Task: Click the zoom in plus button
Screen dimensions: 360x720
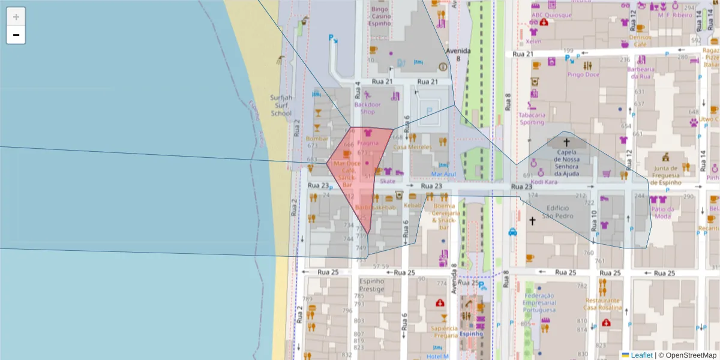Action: pyautogui.click(x=16, y=16)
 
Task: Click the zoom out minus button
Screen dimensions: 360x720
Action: pyautogui.click(x=16, y=35)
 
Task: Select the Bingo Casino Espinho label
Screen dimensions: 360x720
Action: pyautogui.click(x=381, y=16)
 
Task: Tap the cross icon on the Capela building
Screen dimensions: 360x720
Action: pyautogui.click(x=566, y=142)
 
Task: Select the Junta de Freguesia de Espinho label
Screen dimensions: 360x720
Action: pyautogui.click(x=666, y=175)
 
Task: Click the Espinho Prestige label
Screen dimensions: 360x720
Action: pyautogui.click(x=371, y=284)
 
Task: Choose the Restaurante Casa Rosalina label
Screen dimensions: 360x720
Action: pyautogui.click(x=604, y=304)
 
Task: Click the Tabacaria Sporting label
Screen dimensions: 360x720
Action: pyautogui.click(x=532, y=118)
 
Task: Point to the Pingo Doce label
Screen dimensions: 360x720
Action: pyautogui.click(x=583, y=75)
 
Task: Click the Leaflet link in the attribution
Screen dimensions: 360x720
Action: pyautogui.click(x=641, y=355)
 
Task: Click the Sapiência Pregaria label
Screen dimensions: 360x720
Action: pyautogui.click(x=445, y=332)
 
